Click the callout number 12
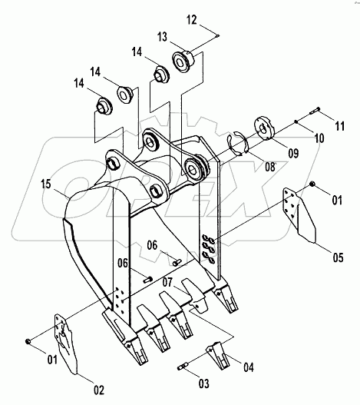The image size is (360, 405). [191, 20]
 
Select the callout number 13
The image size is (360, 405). [162, 37]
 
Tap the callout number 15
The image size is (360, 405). [46, 184]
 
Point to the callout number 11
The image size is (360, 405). [339, 126]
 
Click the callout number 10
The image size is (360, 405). [319, 138]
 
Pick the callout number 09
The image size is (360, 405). [293, 153]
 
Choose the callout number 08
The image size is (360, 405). [270, 167]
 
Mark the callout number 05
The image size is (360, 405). [338, 257]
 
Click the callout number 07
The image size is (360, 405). [167, 282]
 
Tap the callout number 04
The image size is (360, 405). [249, 367]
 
